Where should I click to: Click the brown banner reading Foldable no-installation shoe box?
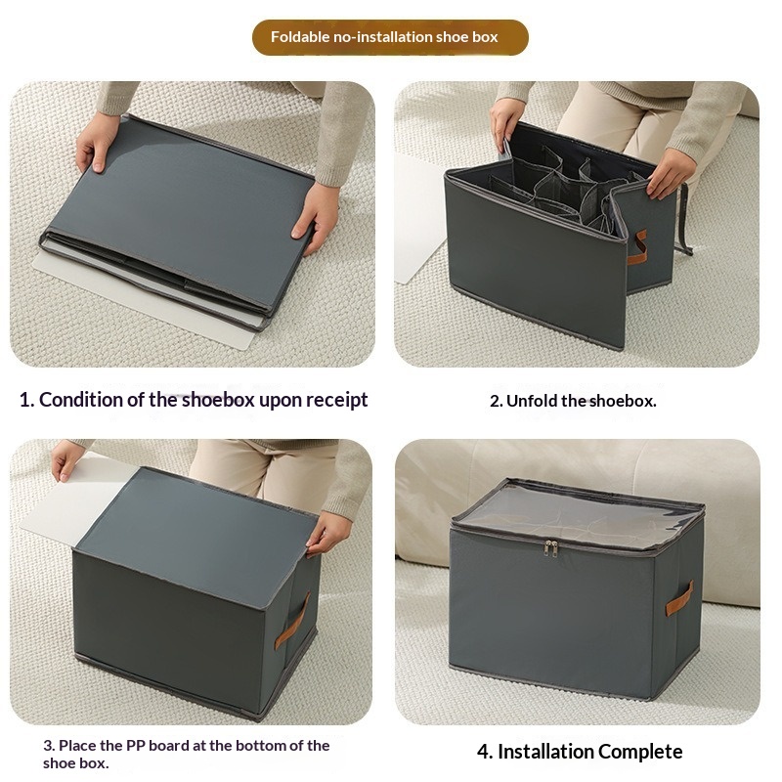(390, 37)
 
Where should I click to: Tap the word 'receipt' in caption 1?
(336, 400)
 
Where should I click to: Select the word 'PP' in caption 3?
(135, 746)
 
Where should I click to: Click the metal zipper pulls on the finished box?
(550, 547)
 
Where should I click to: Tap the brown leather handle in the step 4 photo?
(679, 598)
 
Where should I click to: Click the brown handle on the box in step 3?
(291, 622)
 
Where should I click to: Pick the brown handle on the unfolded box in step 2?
(637, 247)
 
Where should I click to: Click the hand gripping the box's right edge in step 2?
(670, 173)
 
